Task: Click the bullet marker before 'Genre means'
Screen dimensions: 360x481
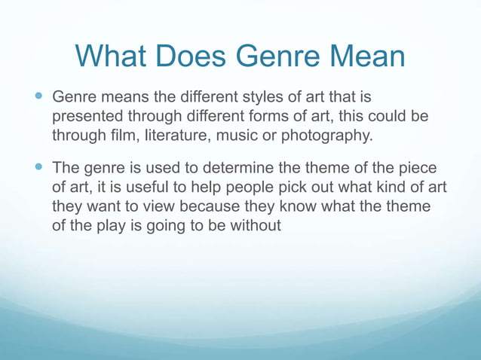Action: [x=39, y=97]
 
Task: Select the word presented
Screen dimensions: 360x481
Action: [x=87, y=117]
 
